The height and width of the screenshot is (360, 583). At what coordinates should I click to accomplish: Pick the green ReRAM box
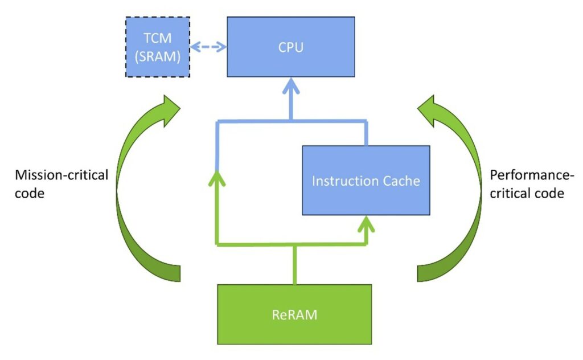[x=294, y=314]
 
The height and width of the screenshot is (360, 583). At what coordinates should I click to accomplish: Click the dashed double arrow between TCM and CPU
[x=208, y=47]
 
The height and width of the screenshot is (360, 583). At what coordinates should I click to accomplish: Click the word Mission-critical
[x=61, y=174]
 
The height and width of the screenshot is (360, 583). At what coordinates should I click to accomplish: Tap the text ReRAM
[x=294, y=314]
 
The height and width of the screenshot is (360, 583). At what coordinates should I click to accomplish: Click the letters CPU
[x=291, y=47]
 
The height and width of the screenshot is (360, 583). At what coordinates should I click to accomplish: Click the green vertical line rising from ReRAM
[x=294, y=265]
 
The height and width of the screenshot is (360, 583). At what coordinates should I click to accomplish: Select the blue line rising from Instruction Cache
[x=366, y=133]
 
